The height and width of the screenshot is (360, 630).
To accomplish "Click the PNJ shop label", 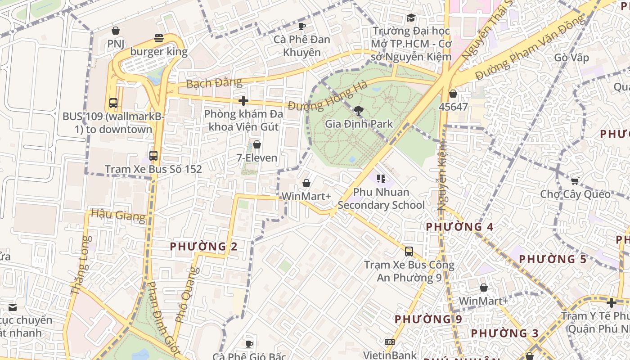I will tap(116, 44).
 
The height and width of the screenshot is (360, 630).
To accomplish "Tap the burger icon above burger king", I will tap(158, 38).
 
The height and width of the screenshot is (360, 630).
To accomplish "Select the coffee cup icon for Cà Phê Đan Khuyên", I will tap(302, 26).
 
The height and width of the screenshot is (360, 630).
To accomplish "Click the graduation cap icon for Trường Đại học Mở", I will tap(411, 18).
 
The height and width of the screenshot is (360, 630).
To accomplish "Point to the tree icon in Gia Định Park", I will tap(359, 110).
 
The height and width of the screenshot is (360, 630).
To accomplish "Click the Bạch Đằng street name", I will tap(214, 83).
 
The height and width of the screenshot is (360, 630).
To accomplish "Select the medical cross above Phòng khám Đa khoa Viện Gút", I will tap(243, 100).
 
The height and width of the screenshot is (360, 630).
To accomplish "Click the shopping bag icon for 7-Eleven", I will tap(257, 144).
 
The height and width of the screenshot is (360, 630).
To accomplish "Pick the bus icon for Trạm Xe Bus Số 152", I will tap(153, 156).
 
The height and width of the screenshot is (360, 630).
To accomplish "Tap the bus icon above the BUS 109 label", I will tap(113, 103).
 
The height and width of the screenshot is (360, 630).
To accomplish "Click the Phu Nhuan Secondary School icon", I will tap(381, 179).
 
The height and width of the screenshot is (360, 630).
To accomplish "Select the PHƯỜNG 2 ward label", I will tap(203, 246).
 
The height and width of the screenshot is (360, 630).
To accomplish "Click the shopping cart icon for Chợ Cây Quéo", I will tap(575, 181).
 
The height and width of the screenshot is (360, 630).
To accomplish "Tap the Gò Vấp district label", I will tap(571, 58).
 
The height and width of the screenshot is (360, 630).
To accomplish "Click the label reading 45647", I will tap(453, 107).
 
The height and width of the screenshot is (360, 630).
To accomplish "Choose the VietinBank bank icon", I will tap(390, 342).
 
